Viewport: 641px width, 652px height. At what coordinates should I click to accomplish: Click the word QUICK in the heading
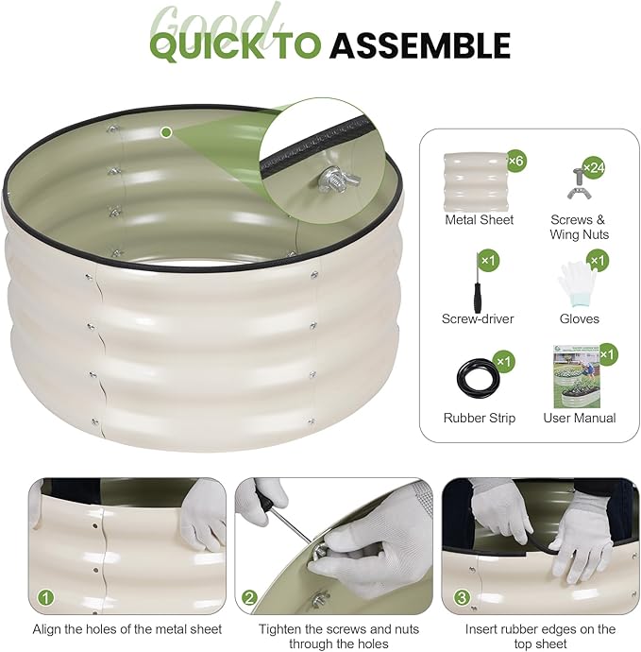pos(207,45)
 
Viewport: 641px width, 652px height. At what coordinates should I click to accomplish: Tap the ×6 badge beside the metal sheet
pos(516,160)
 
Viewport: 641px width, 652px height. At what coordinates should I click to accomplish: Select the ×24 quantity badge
pos(594,167)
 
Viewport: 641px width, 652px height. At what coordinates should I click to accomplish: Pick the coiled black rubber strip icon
pos(478,374)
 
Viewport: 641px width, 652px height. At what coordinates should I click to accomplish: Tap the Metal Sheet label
pos(479,220)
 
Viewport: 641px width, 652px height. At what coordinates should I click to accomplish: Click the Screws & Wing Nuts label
pos(579,227)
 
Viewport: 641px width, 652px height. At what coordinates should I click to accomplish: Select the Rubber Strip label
pos(479,418)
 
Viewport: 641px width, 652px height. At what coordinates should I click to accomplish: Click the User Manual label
pos(580,418)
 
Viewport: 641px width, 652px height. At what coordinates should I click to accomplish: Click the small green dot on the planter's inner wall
pos(166,132)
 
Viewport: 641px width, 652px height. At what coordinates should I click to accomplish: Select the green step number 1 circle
pos(46,598)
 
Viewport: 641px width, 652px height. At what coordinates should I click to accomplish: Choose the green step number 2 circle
pos(249,598)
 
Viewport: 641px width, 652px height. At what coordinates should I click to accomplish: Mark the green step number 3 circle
pos(462,598)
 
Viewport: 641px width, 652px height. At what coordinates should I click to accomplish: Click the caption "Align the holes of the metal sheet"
pos(127,629)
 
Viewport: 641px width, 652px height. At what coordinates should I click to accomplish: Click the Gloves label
pos(579,319)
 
